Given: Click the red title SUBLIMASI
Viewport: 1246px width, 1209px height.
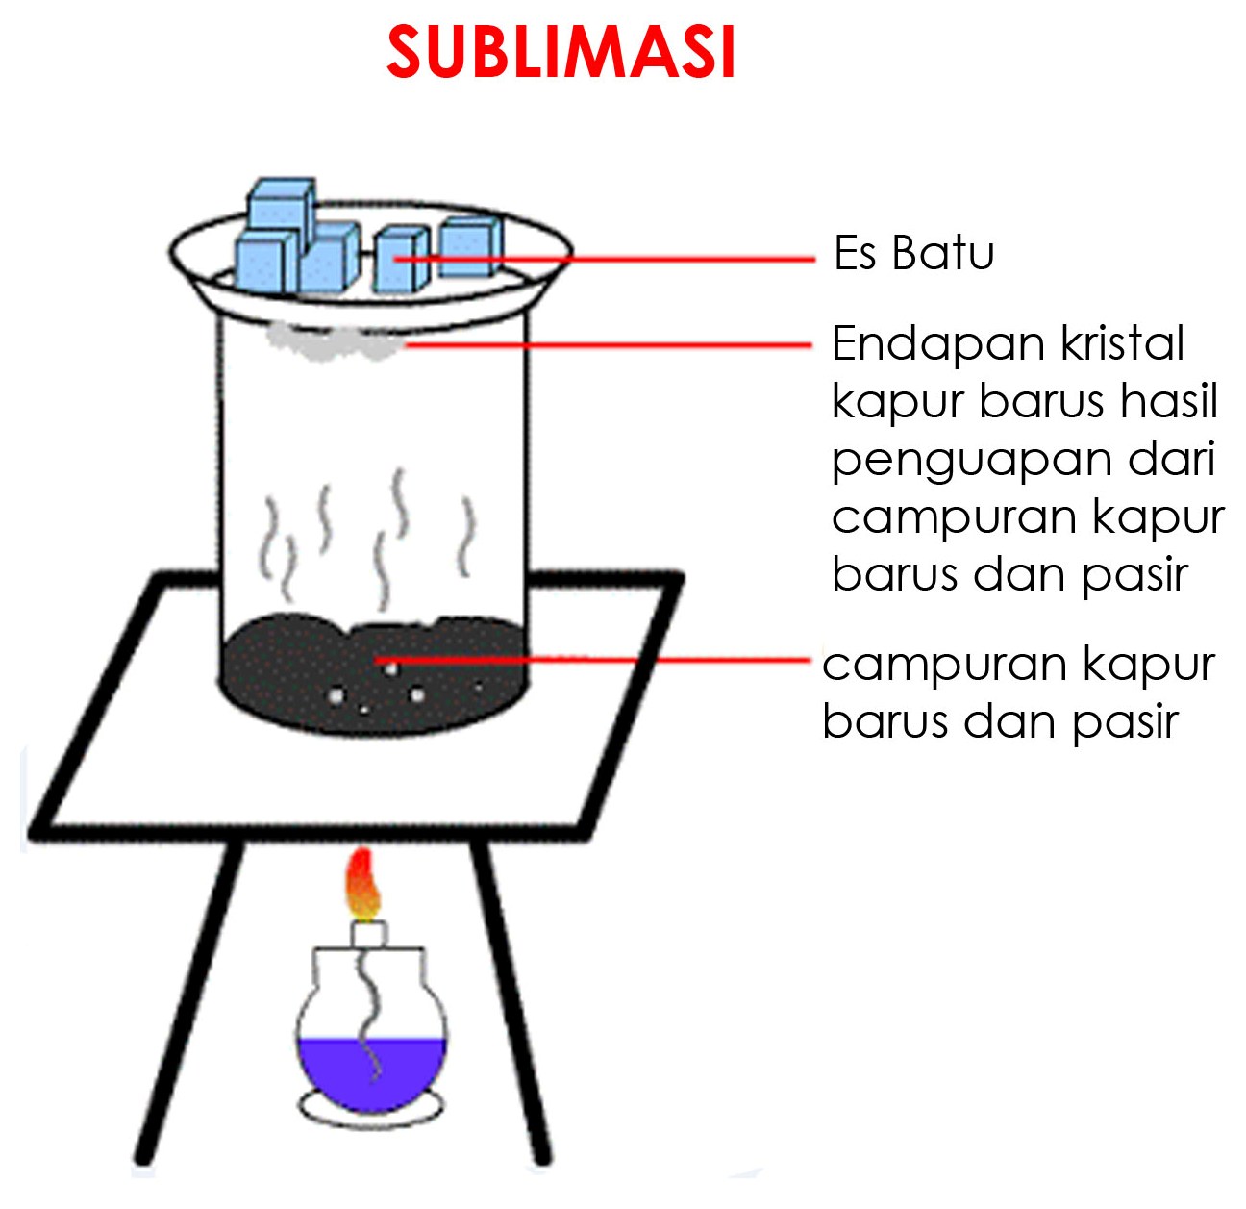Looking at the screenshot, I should [561, 52].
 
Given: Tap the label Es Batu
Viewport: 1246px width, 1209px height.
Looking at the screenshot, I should [913, 254].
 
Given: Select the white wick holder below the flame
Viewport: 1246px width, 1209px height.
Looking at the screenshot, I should [367, 933].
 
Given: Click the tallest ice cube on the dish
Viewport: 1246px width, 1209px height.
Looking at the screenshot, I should [281, 207].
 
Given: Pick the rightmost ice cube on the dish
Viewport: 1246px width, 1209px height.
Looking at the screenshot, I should [471, 246].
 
